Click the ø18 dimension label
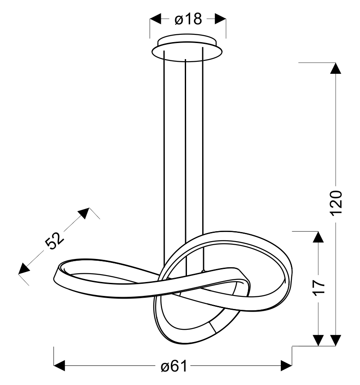pyautogui.click(x=188, y=19)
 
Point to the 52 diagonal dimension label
pyautogui.click(x=54, y=240)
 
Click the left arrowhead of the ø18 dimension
pyautogui.click(x=156, y=19)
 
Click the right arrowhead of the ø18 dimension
pyautogui.click(x=220, y=19)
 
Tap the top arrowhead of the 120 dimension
pyautogui.click(x=336, y=68)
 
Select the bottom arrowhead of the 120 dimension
pyautogui.click(x=336, y=340)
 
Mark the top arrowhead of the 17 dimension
pyautogui.click(x=319, y=237)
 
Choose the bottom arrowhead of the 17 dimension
pyautogui.click(x=319, y=340)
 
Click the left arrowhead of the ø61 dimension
pyautogui.click(x=59, y=366)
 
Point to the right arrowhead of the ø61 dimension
pyautogui.click(x=286, y=366)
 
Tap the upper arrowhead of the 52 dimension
pyautogui.click(x=84, y=213)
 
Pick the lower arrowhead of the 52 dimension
pyautogui.click(x=23, y=269)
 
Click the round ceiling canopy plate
pyautogui.click(x=187, y=48)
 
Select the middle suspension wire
pyautogui.click(x=186, y=167)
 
